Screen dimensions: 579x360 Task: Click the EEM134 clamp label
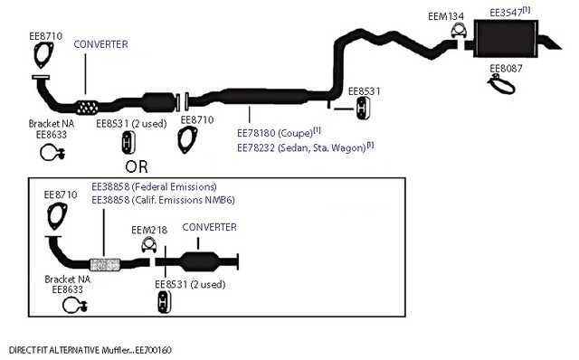pyautogui.click(x=446, y=16)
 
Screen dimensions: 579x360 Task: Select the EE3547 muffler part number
pyautogui.click(x=509, y=12)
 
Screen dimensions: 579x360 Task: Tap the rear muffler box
pyautogui.click(x=506, y=38)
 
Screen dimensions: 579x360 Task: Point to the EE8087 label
pyautogui.click(x=506, y=69)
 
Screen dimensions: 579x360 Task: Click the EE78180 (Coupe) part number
pyautogui.click(x=279, y=132)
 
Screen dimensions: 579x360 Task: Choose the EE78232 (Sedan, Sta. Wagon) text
pyautogui.click(x=306, y=147)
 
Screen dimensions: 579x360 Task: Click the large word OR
pyautogui.click(x=137, y=167)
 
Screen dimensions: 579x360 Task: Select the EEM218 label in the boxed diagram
pyautogui.click(x=149, y=230)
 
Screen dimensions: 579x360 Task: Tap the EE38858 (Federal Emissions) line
pyautogui.click(x=154, y=186)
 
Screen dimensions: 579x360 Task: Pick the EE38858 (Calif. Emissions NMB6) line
pyautogui.click(x=163, y=200)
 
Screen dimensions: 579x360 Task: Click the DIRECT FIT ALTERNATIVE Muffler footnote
pyautogui.click(x=90, y=350)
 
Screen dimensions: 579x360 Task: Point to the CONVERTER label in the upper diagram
pyautogui.click(x=100, y=44)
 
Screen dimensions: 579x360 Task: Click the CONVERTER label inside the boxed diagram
pyautogui.click(x=209, y=227)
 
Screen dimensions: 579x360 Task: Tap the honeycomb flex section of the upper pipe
pyautogui.click(x=87, y=108)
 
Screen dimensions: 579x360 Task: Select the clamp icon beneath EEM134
pyautogui.click(x=459, y=30)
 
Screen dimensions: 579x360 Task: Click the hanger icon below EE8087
pyautogui.click(x=501, y=84)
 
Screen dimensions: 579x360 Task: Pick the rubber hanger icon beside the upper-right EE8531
pyautogui.click(x=364, y=109)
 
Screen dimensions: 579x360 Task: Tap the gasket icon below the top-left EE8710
pyautogui.click(x=43, y=54)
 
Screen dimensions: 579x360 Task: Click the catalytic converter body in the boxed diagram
pyautogui.click(x=199, y=261)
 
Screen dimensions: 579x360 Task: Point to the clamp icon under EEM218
pyautogui.click(x=148, y=245)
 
